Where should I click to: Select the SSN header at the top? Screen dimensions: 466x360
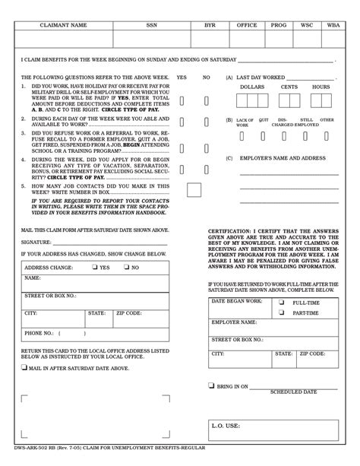(152, 25)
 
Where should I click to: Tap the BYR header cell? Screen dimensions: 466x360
(210, 25)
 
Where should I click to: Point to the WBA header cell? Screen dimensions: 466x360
(333, 25)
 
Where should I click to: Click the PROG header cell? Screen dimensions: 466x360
(279, 25)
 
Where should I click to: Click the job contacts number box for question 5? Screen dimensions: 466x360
(194, 190)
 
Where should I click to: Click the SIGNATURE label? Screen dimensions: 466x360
(37, 242)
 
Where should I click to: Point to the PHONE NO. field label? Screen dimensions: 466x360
(39, 332)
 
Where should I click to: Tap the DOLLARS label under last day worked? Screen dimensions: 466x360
(252, 87)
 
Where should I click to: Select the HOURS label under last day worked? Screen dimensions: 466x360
(321, 87)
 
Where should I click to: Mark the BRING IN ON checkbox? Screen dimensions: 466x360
(210, 386)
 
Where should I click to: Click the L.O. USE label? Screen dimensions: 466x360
(226, 426)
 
